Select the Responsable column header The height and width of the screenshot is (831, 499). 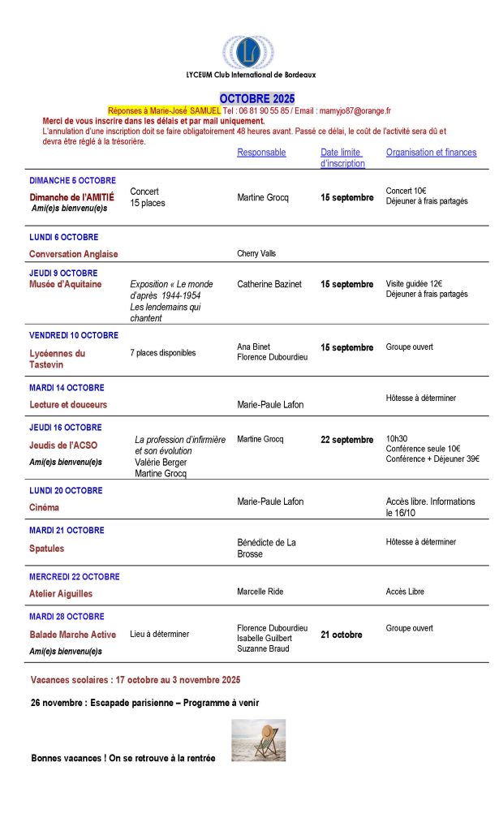261,153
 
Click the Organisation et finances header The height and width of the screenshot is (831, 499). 431,153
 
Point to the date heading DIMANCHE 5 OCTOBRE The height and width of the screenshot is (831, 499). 72,180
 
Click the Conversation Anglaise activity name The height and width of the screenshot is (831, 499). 73,253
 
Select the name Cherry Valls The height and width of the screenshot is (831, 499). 256,253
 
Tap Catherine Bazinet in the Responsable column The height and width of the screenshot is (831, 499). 269,284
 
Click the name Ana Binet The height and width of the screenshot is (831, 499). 253,347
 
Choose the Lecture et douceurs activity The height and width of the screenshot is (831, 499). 68,404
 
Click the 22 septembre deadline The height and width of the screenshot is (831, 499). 346,440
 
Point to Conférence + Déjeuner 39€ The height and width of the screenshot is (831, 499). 432,459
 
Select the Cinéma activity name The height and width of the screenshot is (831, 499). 44,507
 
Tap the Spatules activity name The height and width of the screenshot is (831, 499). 46,548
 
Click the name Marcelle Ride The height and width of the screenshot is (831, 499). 260,592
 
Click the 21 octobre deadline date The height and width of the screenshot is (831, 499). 341,635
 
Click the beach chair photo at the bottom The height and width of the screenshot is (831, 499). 258,740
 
